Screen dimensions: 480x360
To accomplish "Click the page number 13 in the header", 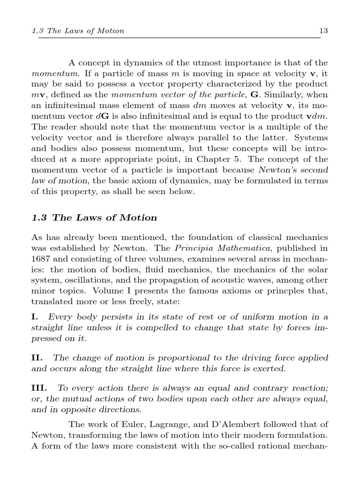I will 323,31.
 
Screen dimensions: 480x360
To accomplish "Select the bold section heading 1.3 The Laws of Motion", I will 94,218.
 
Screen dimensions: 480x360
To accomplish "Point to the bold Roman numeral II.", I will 37,358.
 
